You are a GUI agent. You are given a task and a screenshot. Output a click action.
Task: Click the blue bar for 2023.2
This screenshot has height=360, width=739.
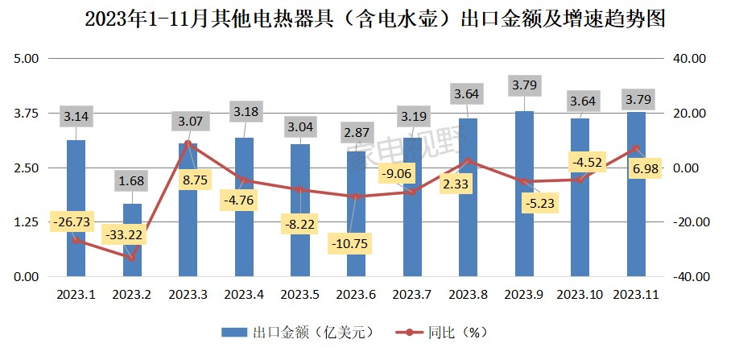[x=132, y=240]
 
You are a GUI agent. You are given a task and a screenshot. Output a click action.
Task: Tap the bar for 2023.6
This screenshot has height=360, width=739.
[x=356, y=213]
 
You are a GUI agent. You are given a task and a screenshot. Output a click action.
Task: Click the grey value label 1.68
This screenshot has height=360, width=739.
[x=132, y=180]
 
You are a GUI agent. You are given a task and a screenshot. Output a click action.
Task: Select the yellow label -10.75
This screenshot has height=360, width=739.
[x=355, y=242]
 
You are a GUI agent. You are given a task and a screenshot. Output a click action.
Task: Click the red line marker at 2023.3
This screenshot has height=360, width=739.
[x=188, y=143]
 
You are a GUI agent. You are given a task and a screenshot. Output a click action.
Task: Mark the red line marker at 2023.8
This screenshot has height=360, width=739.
[x=468, y=161]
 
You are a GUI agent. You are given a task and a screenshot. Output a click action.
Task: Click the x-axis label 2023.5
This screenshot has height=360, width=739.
[x=299, y=296]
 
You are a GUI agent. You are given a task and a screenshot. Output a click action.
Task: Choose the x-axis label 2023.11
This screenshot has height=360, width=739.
[x=636, y=296]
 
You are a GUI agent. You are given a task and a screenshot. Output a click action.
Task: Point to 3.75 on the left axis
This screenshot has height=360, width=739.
[x=27, y=114]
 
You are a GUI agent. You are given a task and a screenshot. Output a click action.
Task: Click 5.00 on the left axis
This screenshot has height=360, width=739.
[x=27, y=59]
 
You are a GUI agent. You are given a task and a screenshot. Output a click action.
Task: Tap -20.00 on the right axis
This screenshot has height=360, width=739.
[x=689, y=222]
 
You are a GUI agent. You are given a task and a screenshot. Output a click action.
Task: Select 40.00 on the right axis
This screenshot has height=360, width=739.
[x=689, y=59]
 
